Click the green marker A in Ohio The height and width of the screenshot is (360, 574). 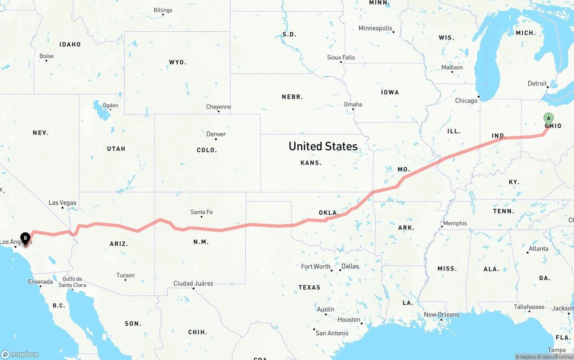point(548,118)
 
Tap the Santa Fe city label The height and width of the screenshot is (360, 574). point(201,212)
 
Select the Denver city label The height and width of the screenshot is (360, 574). point(216,134)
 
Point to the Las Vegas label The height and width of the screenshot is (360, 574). point(62,203)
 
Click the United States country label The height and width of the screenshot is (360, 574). point(323,146)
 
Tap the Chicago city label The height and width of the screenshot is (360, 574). point(466,100)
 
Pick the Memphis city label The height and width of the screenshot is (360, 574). point(455,223)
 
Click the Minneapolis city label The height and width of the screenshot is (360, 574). point(375,28)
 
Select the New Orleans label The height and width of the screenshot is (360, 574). point(441,314)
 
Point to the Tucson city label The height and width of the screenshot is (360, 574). point(126,275)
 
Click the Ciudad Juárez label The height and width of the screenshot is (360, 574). point(193,283)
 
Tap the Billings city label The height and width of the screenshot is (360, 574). point(163,10)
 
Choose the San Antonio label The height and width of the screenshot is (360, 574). point(332,333)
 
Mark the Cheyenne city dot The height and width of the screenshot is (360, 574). point(218,111)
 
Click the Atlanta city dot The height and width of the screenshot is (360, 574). point(527,252)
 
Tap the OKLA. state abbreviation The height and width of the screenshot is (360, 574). point(328,213)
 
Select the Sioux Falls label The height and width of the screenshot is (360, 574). point(341,57)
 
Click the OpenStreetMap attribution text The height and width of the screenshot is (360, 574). point(557,357)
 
